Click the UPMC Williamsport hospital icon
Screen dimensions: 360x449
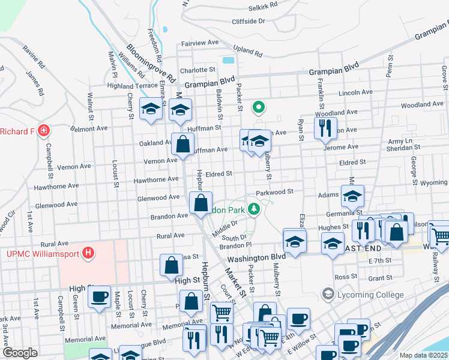pyautogui.click(x=88, y=253)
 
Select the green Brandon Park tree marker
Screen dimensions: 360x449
pyautogui.click(x=254, y=209)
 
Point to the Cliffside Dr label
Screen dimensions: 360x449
pyautogui.click(x=249, y=21)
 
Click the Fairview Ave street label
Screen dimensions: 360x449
pyautogui.click(x=200, y=43)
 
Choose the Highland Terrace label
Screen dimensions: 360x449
pyautogui.click(x=132, y=86)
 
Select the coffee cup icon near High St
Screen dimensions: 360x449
pyautogui.click(x=99, y=296)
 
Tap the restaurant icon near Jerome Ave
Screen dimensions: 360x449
pyautogui.click(x=324, y=128)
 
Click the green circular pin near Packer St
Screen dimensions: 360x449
pyautogui.click(x=259, y=107)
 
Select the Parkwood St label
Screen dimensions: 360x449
pyautogui.click(x=273, y=192)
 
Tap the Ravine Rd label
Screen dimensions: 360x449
pyautogui.click(x=34, y=56)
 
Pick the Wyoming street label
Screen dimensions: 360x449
pyautogui.click(x=433, y=182)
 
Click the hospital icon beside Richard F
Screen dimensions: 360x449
pyautogui.click(x=43, y=130)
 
